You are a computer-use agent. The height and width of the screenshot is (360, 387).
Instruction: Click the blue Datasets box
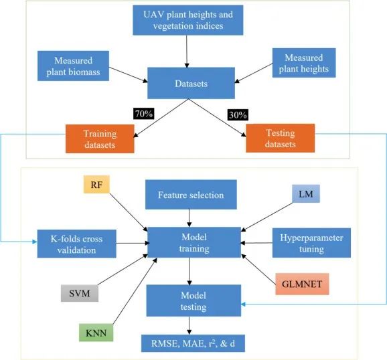pos(190,84)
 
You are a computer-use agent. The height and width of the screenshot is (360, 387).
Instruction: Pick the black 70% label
pos(143,114)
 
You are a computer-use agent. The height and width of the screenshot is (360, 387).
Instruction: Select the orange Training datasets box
pos(99,138)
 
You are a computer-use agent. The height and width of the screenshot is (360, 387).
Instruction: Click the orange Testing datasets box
pos(280,138)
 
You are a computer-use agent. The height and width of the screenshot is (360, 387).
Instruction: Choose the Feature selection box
pos(190,195)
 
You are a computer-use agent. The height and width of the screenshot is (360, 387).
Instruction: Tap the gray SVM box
pos(78,292)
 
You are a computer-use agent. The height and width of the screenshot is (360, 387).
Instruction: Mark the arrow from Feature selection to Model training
pos(190,217)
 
